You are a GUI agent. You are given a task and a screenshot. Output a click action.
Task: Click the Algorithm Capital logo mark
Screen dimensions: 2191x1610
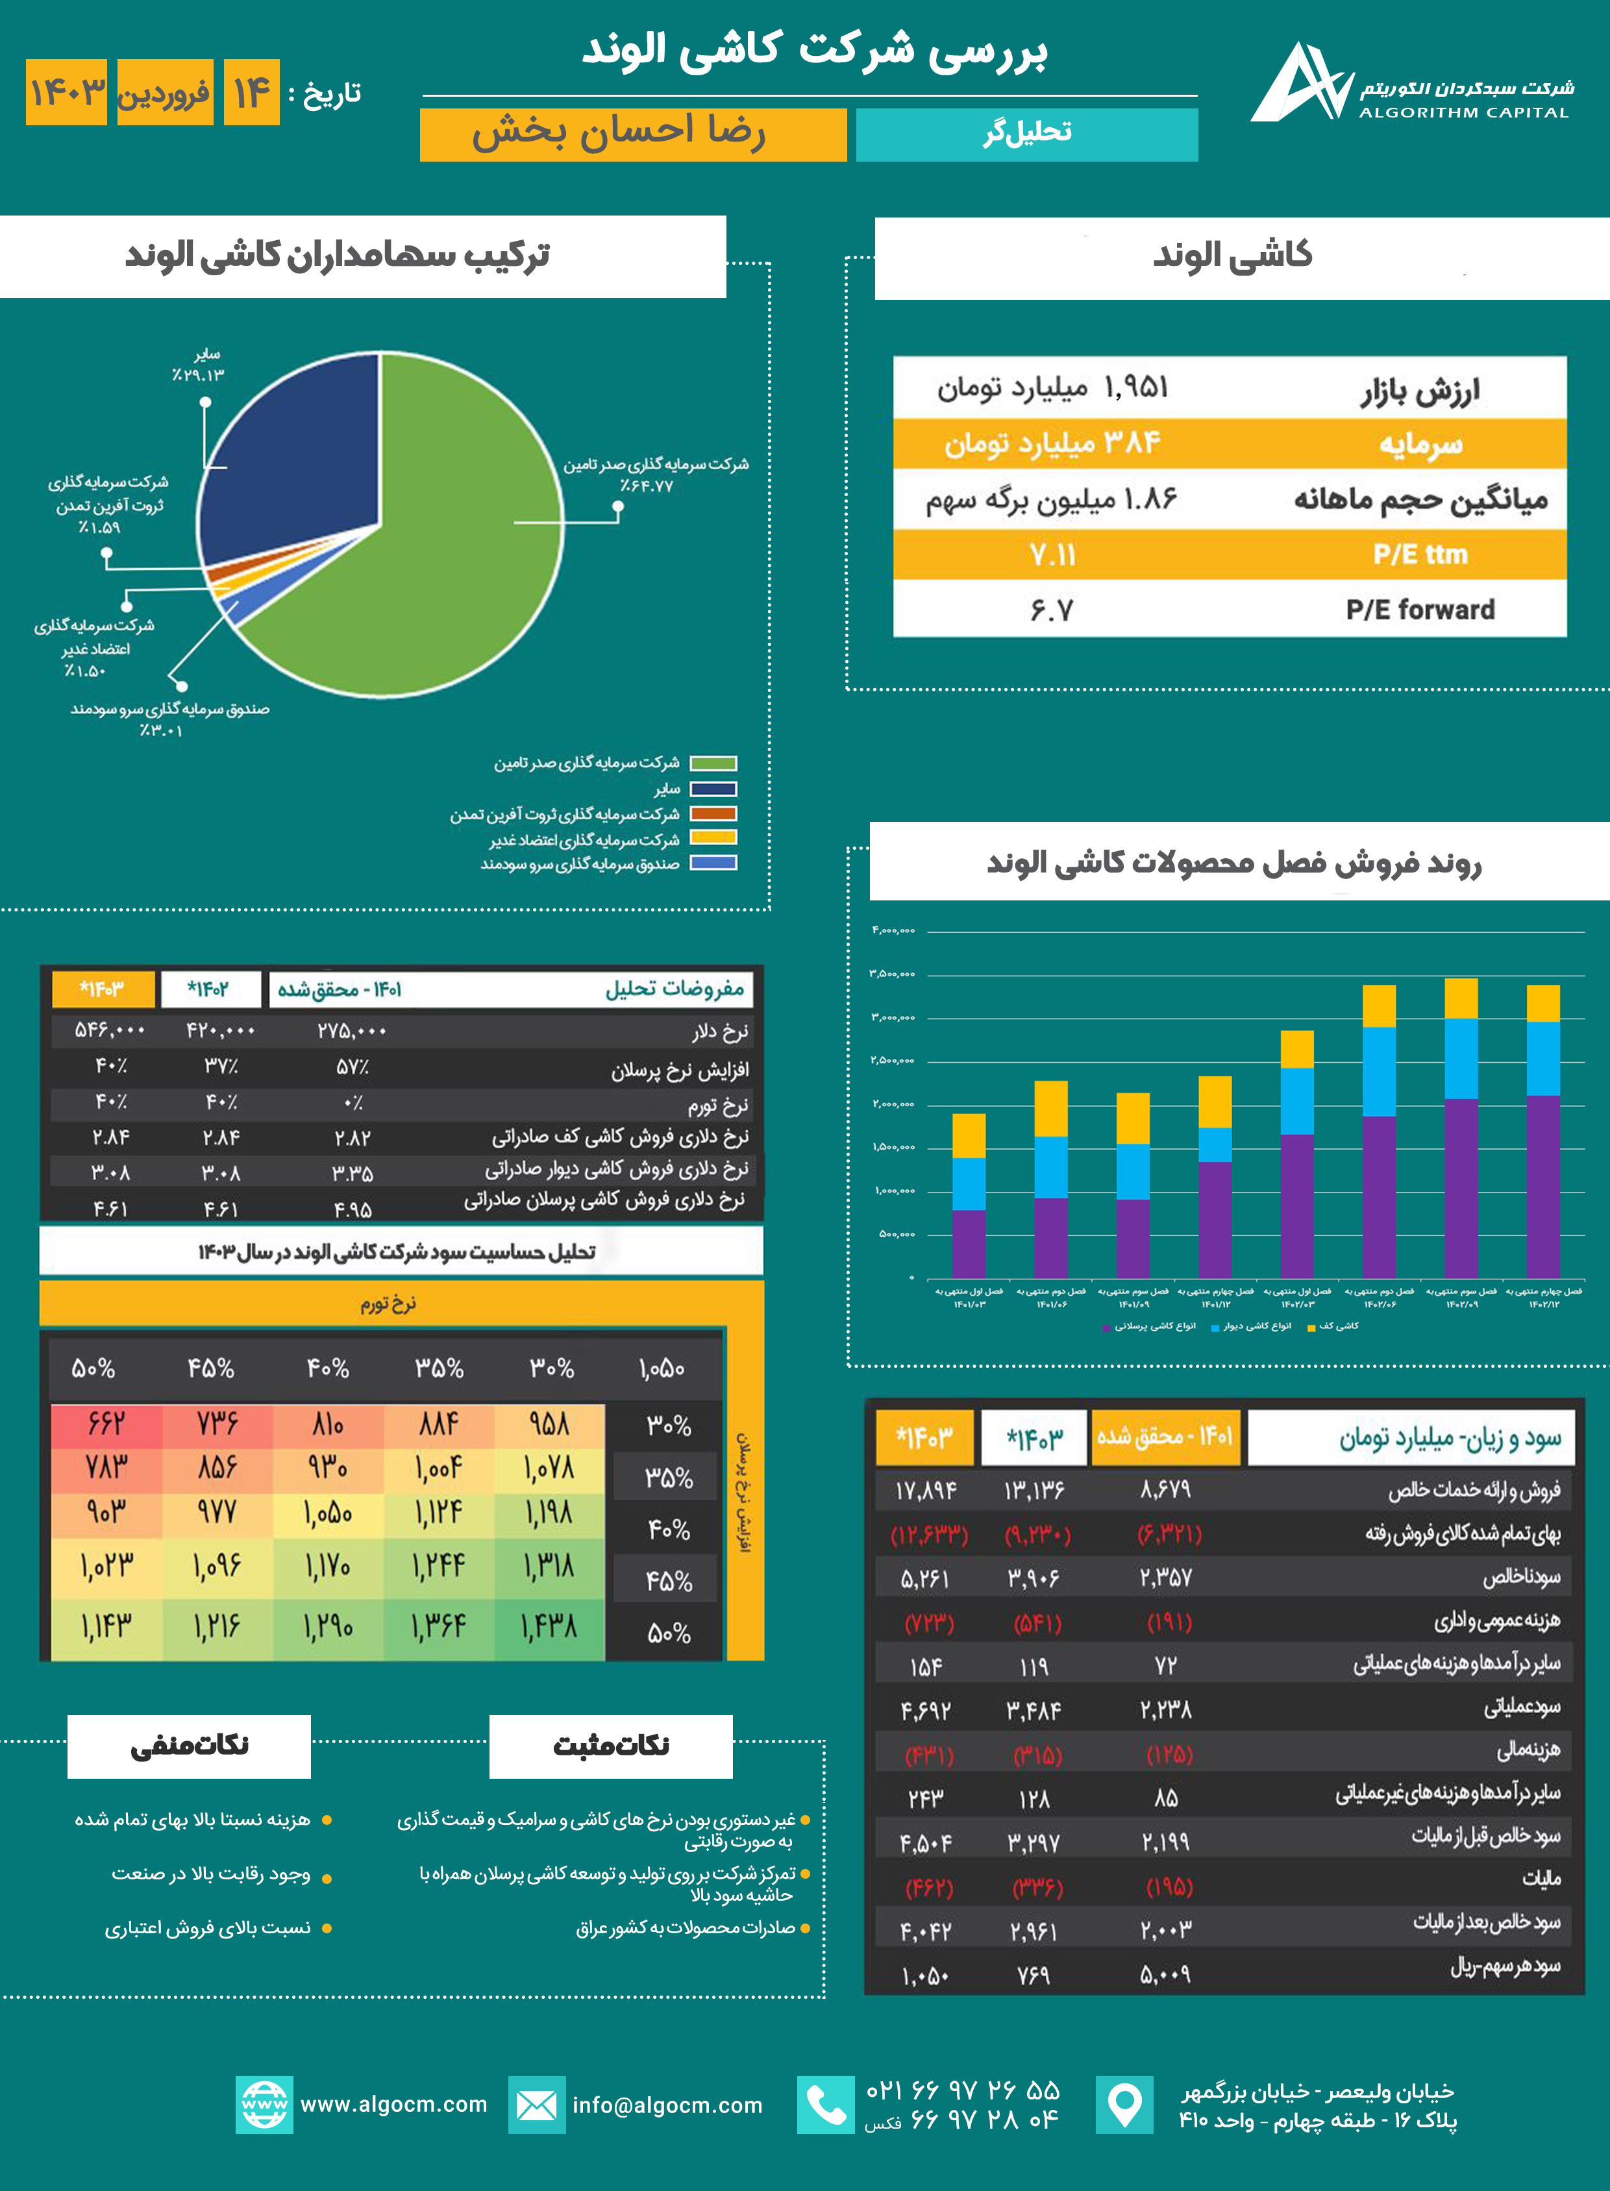[x=1300, y=83]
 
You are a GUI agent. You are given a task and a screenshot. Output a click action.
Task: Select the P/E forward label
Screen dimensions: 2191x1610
[x=1420, y=610]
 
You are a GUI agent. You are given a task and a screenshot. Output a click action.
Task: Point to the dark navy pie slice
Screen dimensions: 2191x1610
[x=292, y=458]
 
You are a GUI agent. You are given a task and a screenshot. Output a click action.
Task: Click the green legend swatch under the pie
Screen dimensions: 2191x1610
[x=712, y=763]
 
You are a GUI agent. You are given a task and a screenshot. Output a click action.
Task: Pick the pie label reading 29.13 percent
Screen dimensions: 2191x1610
[x=199, y=375]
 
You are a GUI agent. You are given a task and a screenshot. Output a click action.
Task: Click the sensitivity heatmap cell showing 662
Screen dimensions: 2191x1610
[x=106, y=1423]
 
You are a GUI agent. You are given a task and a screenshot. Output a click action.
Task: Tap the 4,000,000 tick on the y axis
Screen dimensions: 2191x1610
[x=893, y=931]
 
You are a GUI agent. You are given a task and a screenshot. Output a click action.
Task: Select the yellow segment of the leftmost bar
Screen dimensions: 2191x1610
[x=969, y=1135]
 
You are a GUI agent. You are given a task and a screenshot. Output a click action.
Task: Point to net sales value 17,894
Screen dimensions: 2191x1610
[x=926, y=1491]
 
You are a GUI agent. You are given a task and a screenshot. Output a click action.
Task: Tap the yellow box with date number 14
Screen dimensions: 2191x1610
[x=251, y=93]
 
